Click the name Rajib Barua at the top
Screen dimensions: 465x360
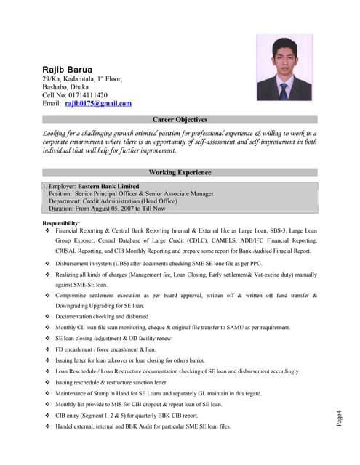[x=68, y=69]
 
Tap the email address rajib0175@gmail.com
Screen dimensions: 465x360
[x=98, y=104]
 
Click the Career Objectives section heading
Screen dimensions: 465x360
[x=180, y=119]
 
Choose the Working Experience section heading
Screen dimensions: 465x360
[x=180, y=173]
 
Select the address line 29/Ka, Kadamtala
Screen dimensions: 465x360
[x=82, y=78]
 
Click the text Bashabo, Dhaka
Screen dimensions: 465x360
[x=66, y=87]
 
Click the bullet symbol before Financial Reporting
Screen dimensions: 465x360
[x=47, y=230]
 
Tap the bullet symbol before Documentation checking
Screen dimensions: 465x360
[x=47, y=317]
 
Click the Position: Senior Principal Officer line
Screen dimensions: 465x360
[x=131, y=194]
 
